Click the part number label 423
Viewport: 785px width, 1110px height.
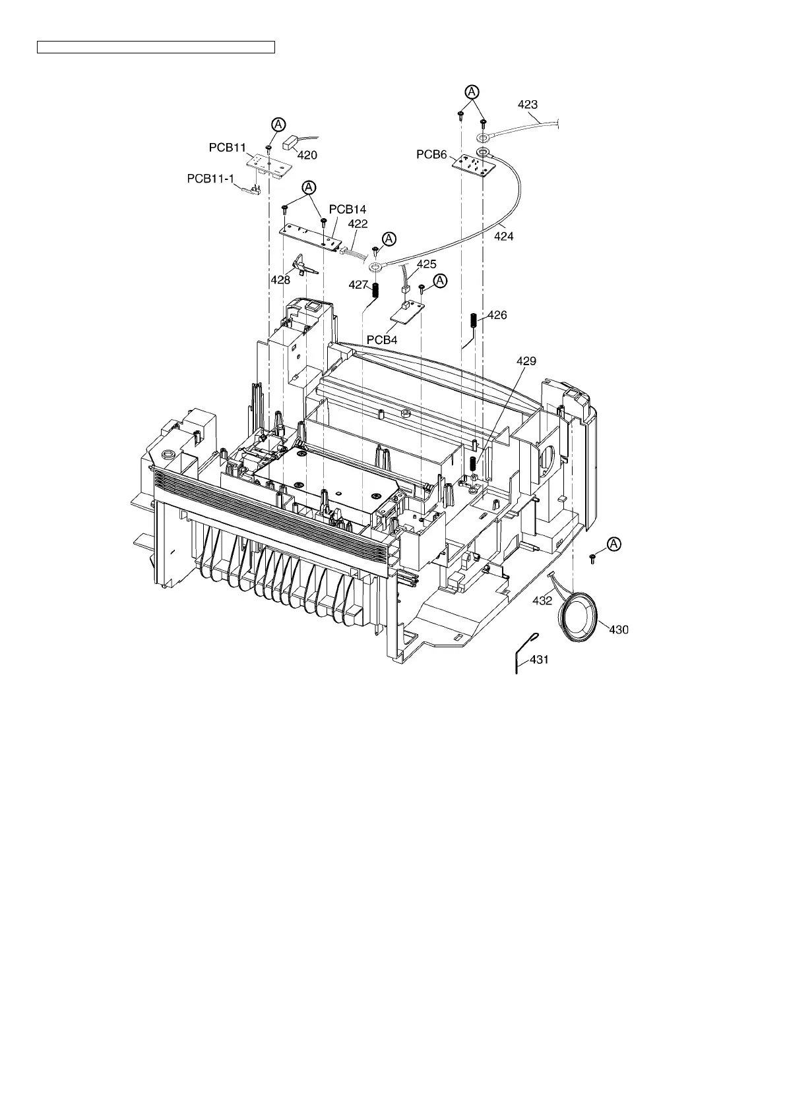point(528,104)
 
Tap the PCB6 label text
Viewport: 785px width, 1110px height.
point(431,154)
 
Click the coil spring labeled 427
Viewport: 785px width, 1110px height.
point(376,289)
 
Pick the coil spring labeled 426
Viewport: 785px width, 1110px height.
point(474,322)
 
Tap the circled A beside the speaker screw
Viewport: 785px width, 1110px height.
point(614,544)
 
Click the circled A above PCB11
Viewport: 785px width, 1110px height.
point(279,124)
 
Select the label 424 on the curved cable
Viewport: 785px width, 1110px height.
point(504,236)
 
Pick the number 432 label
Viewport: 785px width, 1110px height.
point(542,600)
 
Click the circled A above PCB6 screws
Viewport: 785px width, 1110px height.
point(472,92)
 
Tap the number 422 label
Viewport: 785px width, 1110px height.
point(358,224)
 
